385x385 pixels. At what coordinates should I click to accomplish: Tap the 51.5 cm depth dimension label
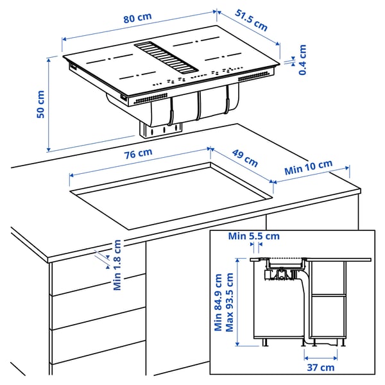(251, 20)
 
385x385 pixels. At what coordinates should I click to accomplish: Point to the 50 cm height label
(40, 104)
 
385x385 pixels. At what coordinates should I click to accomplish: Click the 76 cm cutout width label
(137, 153)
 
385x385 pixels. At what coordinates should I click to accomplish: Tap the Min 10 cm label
(309, 167)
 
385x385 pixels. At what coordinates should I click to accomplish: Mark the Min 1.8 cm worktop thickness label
(117, 264)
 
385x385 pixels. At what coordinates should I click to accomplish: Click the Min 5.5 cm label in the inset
(254, 236)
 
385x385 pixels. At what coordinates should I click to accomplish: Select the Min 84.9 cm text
(219, 302)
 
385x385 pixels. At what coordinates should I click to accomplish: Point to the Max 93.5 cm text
(229, 302)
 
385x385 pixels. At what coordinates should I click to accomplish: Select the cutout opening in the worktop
(173, 196)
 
